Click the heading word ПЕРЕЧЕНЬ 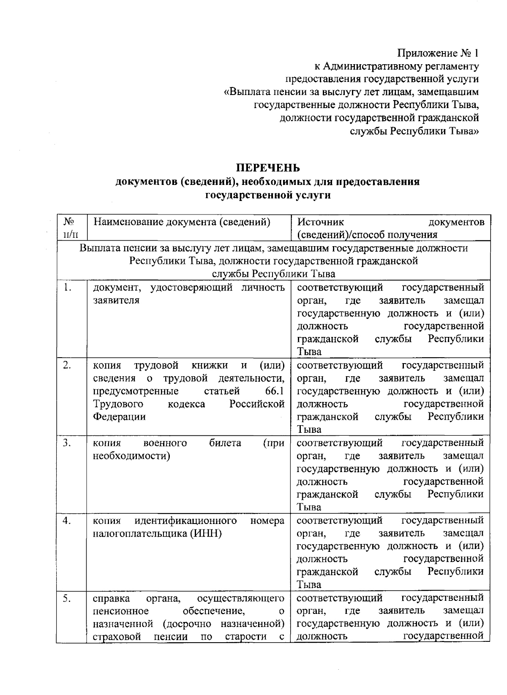tap(268, 168)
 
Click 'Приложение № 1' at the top tap(438, 53)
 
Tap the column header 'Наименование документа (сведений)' tap(182, 222)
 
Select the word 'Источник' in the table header tap(321, 222)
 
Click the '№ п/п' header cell tap(71, 228)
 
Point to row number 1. tap(67, 288)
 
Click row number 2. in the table tap(67, 365)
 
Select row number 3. tap(67, 443)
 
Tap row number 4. tap(67, 520)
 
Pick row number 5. tap(67, 598)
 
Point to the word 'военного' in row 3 tap(165, 443)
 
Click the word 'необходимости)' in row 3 tap(131, 456)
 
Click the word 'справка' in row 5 tap(111, 598)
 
